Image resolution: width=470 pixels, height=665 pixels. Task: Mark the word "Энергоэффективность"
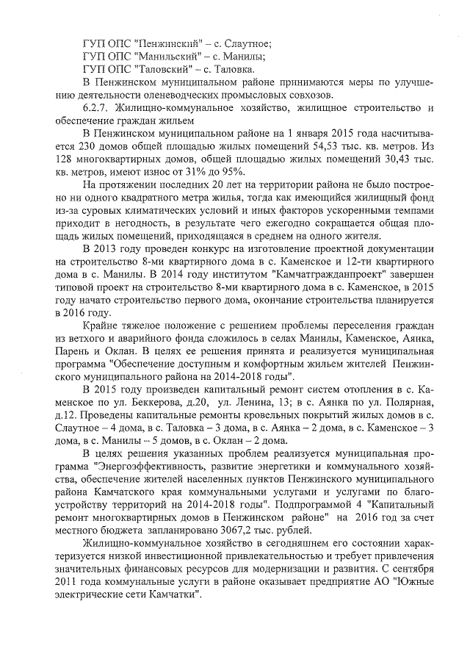(165, 468)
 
